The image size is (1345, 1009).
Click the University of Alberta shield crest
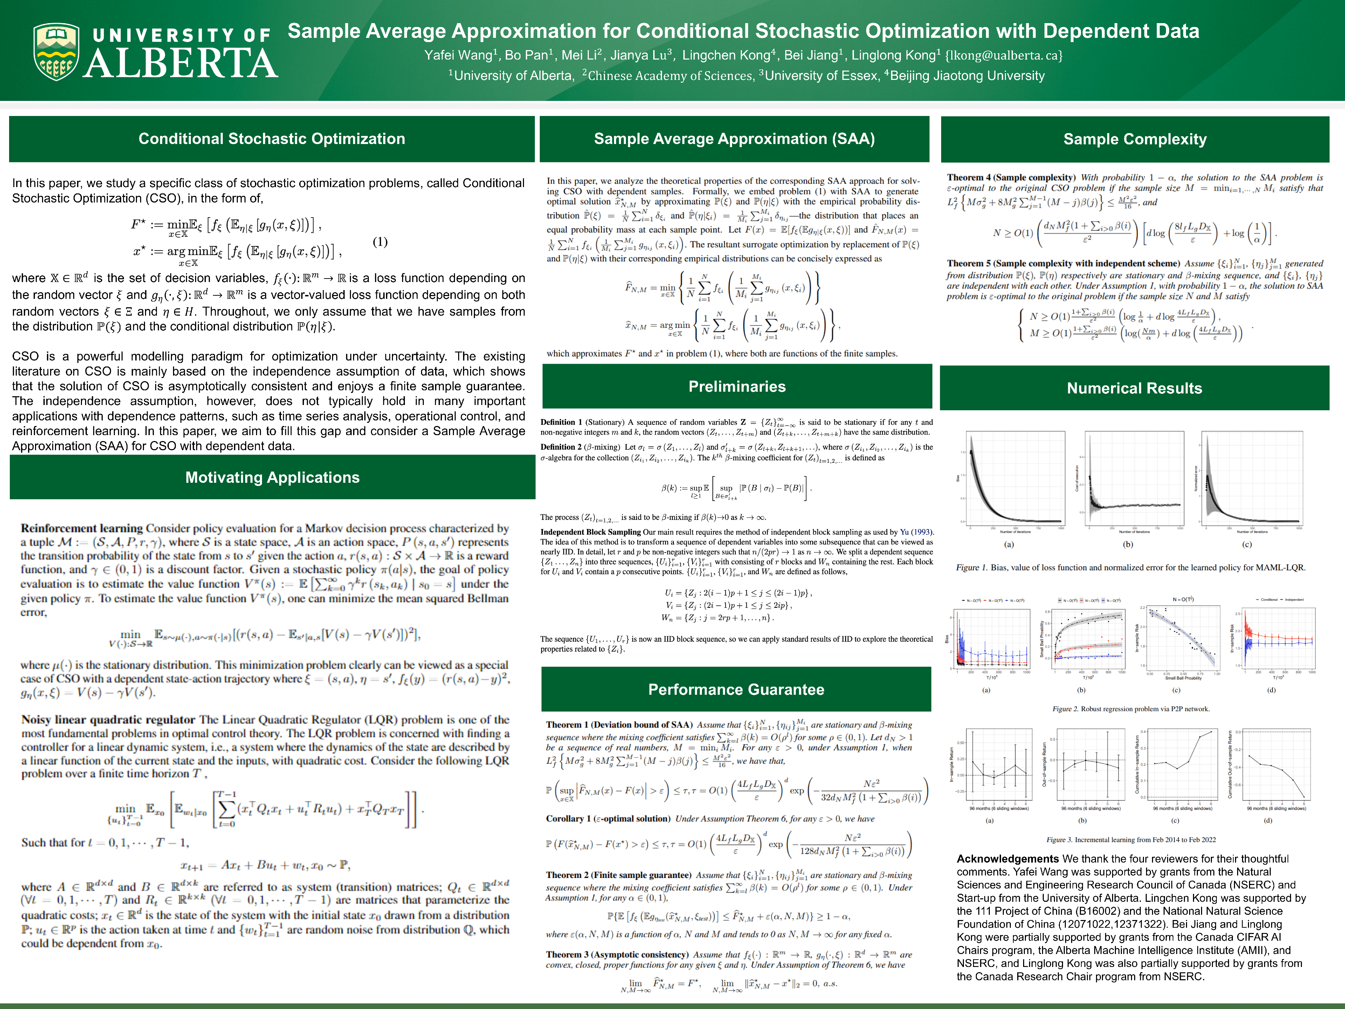[56, 52]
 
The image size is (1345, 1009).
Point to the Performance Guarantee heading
[736, 689]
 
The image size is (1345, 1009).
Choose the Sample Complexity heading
[1134, 139]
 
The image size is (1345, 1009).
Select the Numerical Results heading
[1134, 388]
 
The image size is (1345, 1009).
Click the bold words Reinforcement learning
[82, 528]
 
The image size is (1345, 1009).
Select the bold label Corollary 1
[570, 819]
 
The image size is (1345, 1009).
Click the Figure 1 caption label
[971, 568]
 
